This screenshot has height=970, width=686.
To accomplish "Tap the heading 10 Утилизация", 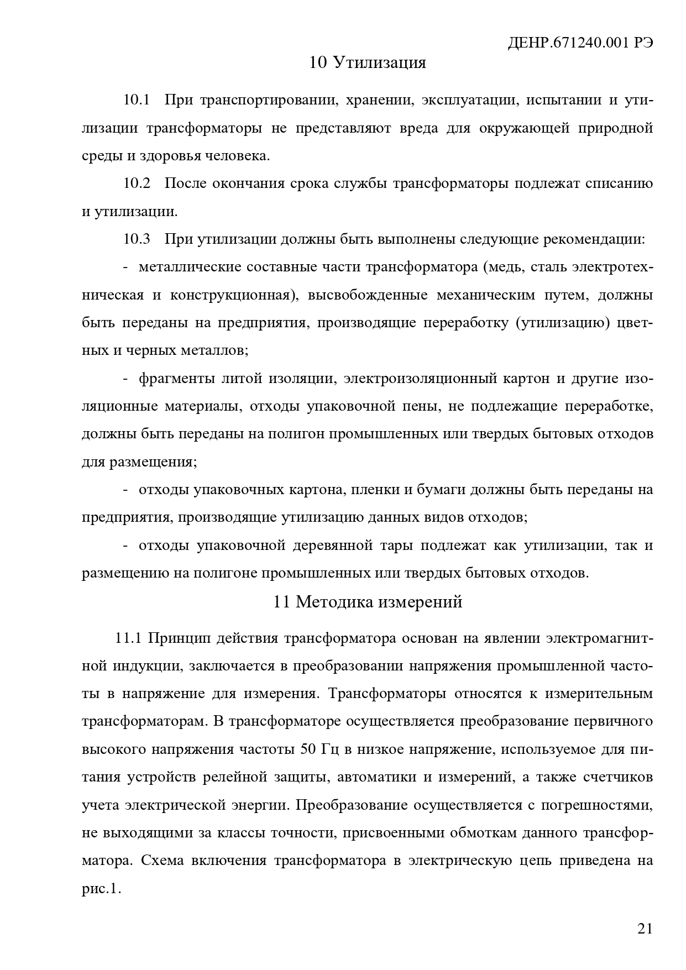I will click(368, 62).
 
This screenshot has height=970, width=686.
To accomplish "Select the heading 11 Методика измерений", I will click(368, 601).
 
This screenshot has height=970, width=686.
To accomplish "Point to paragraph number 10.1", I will click(137, 100).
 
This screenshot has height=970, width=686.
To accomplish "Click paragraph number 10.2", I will click(137, 183).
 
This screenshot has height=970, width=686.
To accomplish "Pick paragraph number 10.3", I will click(137, 239).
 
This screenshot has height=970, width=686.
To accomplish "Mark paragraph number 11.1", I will click(129, 638).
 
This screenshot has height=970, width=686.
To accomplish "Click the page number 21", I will click(645, 928).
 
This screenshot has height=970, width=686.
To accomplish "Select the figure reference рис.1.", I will click(101, 889).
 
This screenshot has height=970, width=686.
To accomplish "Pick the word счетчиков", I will click(618, 777).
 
